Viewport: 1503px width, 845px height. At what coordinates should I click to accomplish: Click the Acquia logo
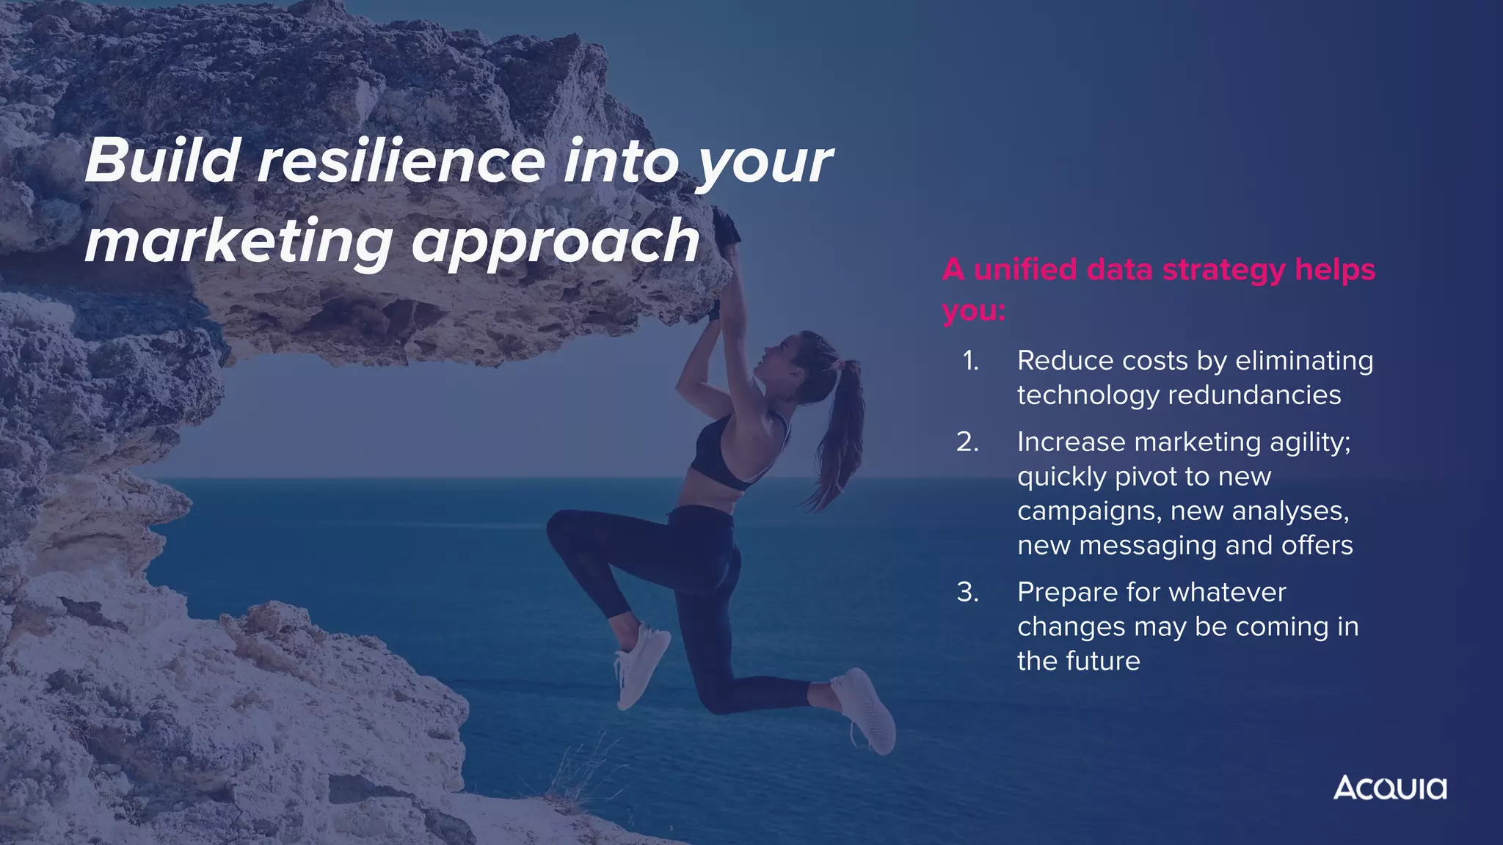point(1389,788)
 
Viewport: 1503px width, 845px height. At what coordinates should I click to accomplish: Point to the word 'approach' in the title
point(556,242)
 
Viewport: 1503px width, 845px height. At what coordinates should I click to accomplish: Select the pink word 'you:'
point(974,311)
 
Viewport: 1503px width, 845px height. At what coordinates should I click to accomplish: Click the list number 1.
point(970,361)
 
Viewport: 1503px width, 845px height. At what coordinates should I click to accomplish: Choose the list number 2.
point(967,442)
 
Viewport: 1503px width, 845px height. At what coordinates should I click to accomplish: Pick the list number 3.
point(967,592)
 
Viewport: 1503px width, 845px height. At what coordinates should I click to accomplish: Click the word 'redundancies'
point(1254,395)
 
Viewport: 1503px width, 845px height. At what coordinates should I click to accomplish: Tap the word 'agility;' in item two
point(1309,442)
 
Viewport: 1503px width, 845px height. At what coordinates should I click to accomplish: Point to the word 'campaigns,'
point(1090,511)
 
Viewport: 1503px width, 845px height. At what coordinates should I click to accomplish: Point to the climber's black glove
point(726,227)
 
